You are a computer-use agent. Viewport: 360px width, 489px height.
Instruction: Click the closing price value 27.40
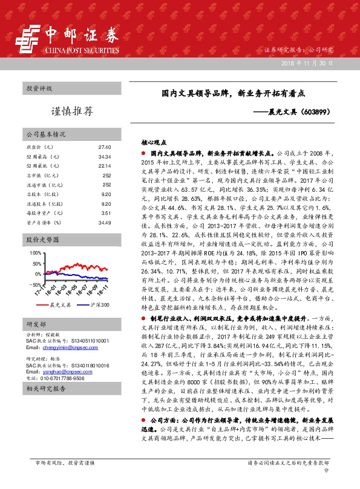(105, 148)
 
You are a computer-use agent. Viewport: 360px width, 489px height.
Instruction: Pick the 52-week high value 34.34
(105, 157)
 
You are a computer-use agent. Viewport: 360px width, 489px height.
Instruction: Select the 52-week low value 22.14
(105, 166)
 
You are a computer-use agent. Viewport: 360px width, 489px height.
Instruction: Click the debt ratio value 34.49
(105, 222)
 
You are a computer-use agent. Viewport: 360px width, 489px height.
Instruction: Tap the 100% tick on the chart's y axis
(35, 252)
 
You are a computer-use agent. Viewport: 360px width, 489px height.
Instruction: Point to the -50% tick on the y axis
(35, 284)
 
